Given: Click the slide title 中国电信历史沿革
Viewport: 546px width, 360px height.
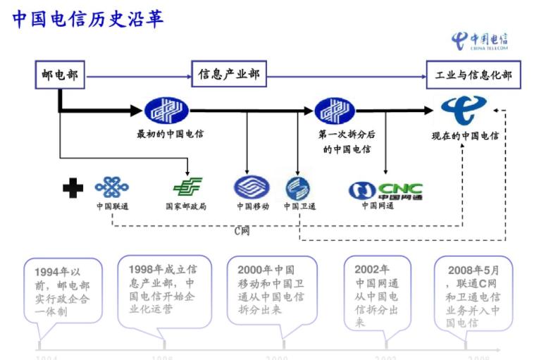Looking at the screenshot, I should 89,19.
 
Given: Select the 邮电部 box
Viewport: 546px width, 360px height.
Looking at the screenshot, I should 60,75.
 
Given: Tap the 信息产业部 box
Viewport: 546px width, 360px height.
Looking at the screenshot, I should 229,74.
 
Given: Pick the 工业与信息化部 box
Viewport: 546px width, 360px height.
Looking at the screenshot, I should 473,75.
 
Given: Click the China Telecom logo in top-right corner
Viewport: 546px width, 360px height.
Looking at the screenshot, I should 480,40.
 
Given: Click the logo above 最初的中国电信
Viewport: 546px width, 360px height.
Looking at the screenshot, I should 168,111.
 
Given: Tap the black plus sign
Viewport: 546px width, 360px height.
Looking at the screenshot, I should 73,187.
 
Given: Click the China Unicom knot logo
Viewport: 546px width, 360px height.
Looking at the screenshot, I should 112,187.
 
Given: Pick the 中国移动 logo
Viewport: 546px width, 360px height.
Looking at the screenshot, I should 252,188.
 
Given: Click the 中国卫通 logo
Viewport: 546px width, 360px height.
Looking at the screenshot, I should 297,188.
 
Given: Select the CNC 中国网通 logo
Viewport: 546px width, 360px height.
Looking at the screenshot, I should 386,190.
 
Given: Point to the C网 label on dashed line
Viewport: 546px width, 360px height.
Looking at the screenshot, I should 242,230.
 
